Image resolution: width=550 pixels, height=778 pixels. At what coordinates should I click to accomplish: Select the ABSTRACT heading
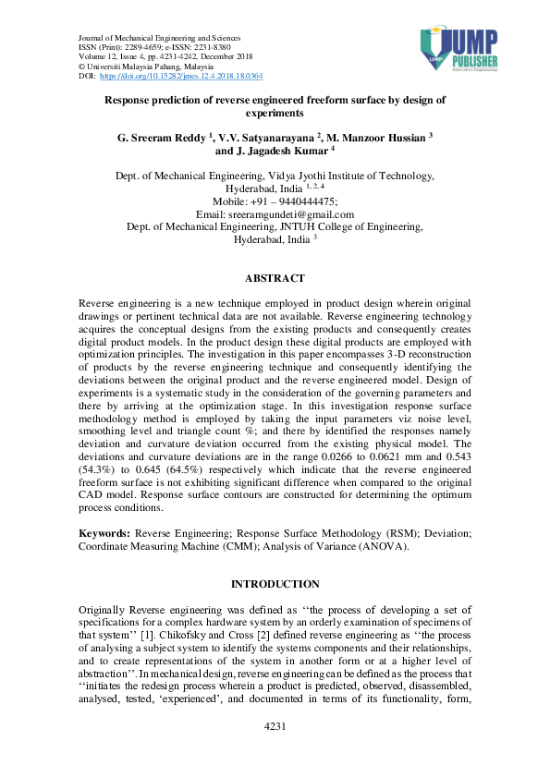click(275, 278)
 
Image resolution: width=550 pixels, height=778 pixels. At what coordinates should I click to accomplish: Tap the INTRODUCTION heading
click(275, 584)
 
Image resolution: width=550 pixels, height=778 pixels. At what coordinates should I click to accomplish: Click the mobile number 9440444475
click(300, 201)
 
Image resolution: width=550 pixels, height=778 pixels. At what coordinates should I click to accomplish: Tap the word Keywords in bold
click(104, 534)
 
